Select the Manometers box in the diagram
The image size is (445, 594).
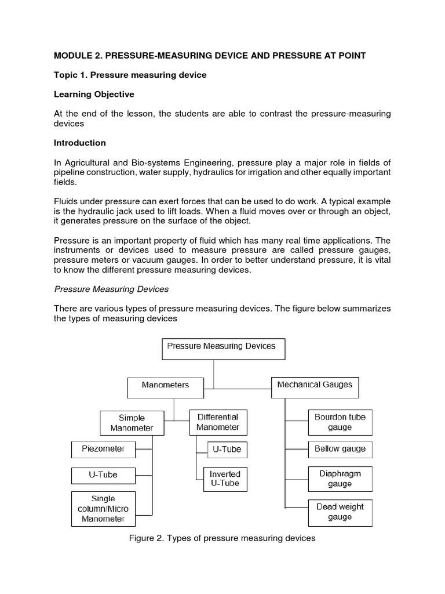[165, 385]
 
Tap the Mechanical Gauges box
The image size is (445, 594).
[315, 385]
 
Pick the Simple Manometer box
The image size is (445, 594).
[132, 423]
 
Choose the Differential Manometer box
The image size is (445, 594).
[217, 422]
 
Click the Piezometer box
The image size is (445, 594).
[103, 448]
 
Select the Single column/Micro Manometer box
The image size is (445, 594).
[103, 509]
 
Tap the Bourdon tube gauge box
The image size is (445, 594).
[340, 422]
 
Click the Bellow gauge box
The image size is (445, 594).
[340, 449]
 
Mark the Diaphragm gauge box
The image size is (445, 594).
[340, 479]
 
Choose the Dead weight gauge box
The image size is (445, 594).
[340, 512]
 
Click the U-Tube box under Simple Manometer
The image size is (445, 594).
[103, 475]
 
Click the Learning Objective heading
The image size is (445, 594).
[94, 94]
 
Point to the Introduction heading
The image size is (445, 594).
[80, 143]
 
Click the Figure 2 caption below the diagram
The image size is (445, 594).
[222, 538]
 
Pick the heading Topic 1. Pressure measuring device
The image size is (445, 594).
[130, 75]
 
